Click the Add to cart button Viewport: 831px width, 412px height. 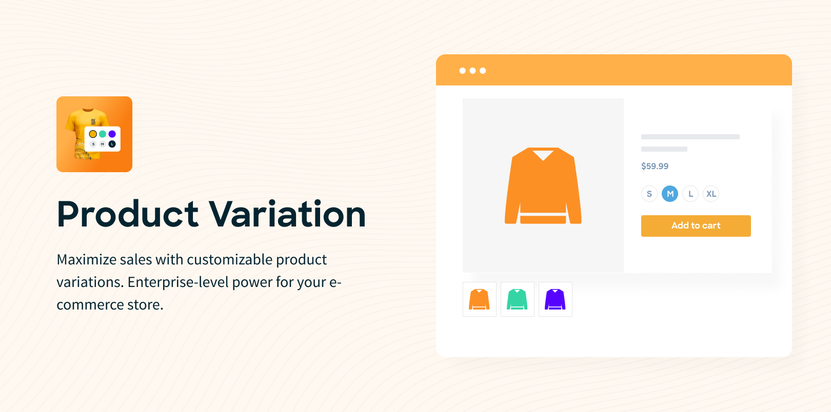[696, 225]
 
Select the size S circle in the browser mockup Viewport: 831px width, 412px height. [649, 194]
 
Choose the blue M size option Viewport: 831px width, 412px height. [669, 194]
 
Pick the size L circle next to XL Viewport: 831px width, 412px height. [690, 194]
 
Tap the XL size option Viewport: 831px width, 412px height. [711, 194]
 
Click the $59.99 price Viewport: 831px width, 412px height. [655, 166]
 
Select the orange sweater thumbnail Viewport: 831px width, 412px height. [479, 299]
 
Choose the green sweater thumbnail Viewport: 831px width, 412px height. [517, 299]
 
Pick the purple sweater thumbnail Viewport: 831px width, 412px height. [556, 299]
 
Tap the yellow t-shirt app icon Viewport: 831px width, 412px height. [94, 134]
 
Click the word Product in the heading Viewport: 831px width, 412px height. [128, 214]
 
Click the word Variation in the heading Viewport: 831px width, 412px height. [287, 214]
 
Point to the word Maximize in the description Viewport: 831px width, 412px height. [87, 259]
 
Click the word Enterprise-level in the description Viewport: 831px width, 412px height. [178, 282]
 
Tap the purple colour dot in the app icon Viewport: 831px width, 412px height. [112, 134]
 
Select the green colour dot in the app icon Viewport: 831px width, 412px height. [103, 134]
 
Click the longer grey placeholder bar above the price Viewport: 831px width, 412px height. [690, 137]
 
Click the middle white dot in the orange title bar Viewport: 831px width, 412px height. [472, 70]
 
